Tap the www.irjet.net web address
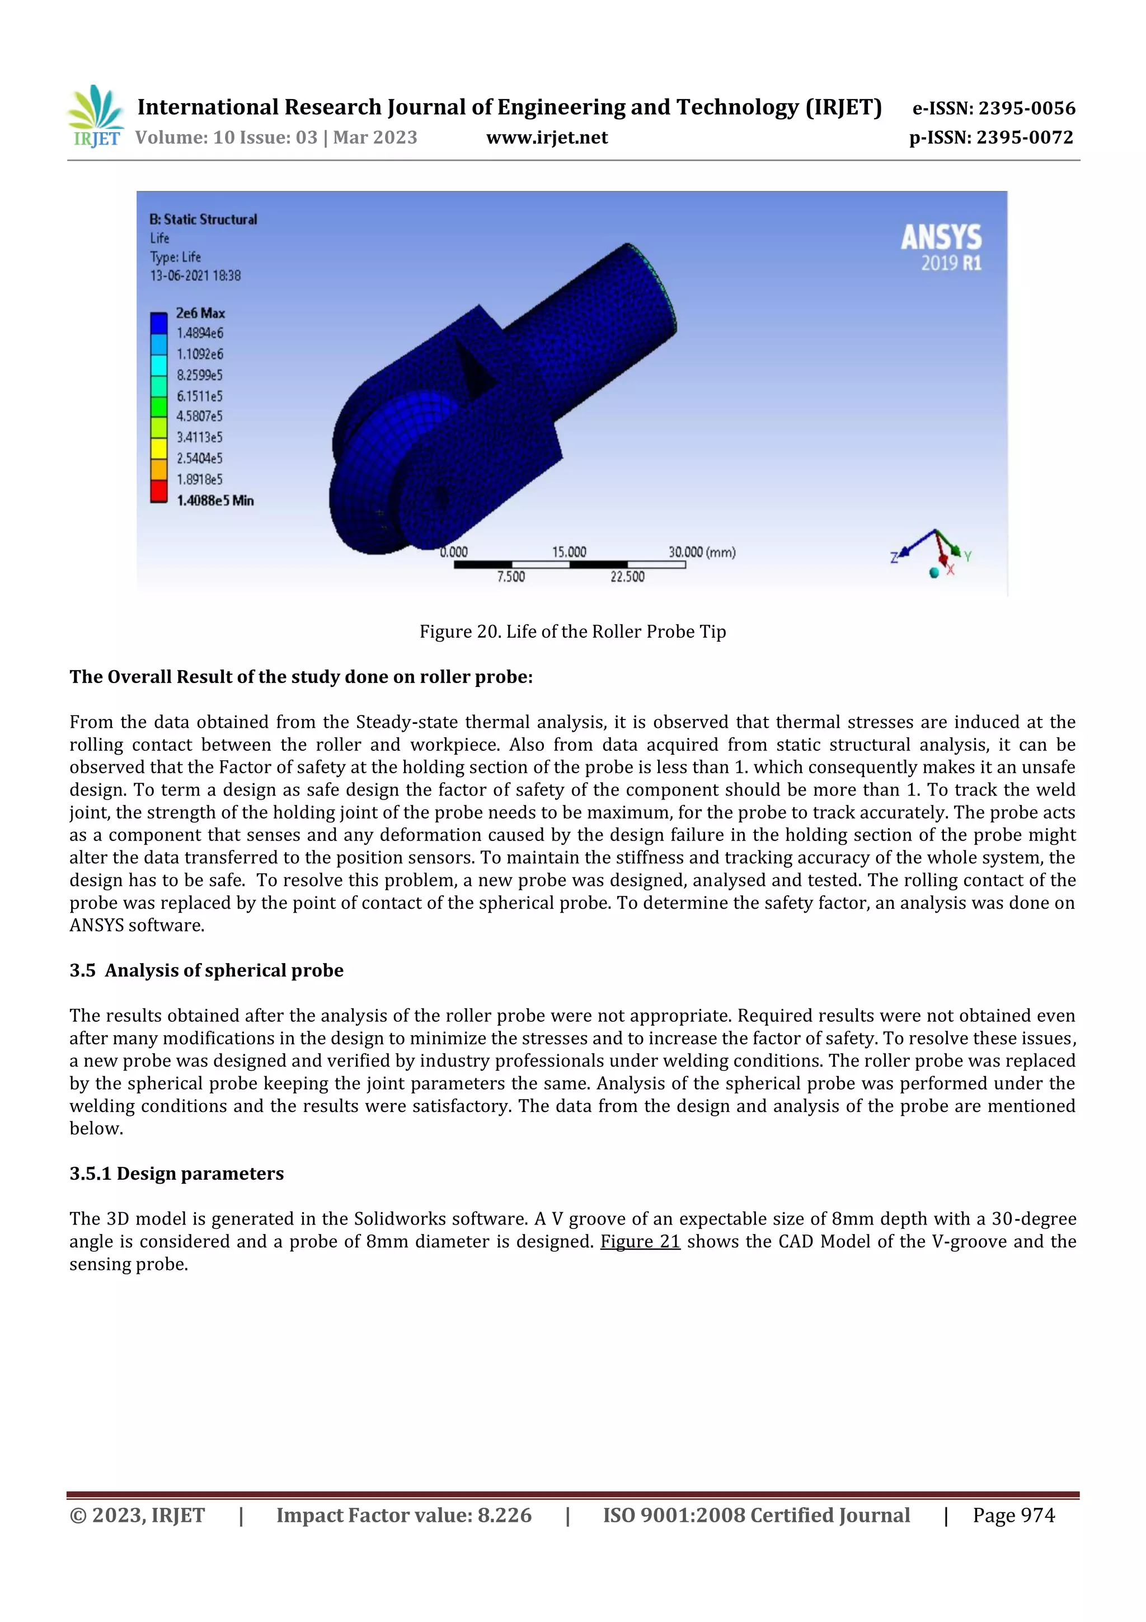tap(547, 138)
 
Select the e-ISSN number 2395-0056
tap(993, 108)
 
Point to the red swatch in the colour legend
tap(159, 491)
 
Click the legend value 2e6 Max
tap(200, 313)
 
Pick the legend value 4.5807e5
tap(199, 417)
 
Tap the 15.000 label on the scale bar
tap(569, 551)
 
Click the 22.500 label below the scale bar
tap(627, 577)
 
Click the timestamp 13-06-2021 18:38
tap(195, 275)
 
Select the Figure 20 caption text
tap(572, 632)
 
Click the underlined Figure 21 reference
tap(640, 1241)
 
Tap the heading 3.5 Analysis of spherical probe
tap(206, 971)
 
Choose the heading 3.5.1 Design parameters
tap(176, 1174)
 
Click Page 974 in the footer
tap(1013, 1515)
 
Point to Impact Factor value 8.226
tap(403, 1515)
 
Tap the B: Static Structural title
tap(203, 219)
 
